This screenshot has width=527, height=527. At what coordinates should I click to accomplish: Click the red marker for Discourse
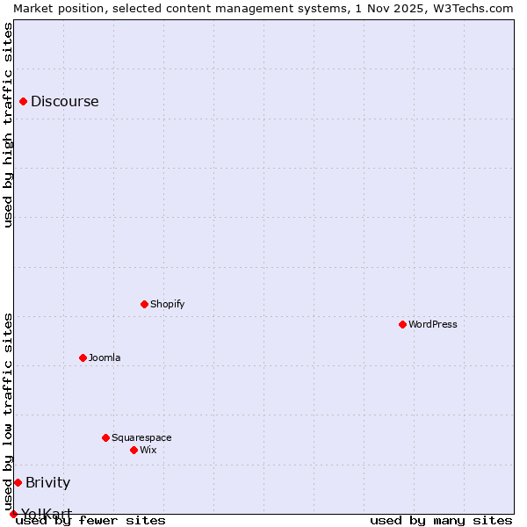coord(24,102)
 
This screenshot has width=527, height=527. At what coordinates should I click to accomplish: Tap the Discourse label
coord(64,102)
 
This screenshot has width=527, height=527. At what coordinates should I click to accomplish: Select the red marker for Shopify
coord(145,305)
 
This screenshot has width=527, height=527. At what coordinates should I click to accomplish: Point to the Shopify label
coord(167,305)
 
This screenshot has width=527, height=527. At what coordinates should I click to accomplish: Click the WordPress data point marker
coord(403,325)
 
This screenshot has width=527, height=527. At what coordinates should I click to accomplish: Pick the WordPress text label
coord(432,325)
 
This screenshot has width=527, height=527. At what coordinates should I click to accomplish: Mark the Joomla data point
coord(83,358)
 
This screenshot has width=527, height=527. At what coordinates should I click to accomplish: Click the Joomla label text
coord(105,358)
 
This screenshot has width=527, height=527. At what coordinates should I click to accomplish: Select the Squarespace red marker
coord(106,438)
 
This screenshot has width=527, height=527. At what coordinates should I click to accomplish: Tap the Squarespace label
coord(141,438)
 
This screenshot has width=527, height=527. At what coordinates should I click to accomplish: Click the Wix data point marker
coord(134,451)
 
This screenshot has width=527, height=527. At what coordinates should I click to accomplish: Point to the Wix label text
coord(148,451)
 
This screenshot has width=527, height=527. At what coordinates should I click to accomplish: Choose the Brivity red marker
coord(18,483)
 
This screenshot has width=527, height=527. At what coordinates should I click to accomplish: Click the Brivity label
coord(47,483)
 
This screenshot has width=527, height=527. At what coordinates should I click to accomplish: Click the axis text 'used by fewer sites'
coord(90,521)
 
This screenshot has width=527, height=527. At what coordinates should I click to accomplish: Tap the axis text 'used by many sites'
coord(441,521)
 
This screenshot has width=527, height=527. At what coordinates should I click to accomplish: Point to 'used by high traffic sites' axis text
coord(8,125)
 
